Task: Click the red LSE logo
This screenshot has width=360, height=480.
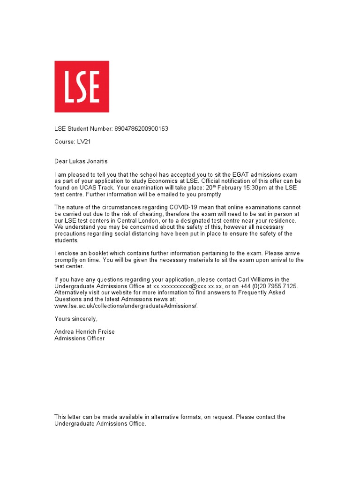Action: pyautogui.click(x=82, y=86)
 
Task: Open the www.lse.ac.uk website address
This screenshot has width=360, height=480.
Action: pyautogui.click(x=126, y=306)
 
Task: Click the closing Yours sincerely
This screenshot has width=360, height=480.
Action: pyautogui.click(x=76, y=319)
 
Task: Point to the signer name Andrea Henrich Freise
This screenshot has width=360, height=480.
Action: pyautogui.click(x=84, y=331)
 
